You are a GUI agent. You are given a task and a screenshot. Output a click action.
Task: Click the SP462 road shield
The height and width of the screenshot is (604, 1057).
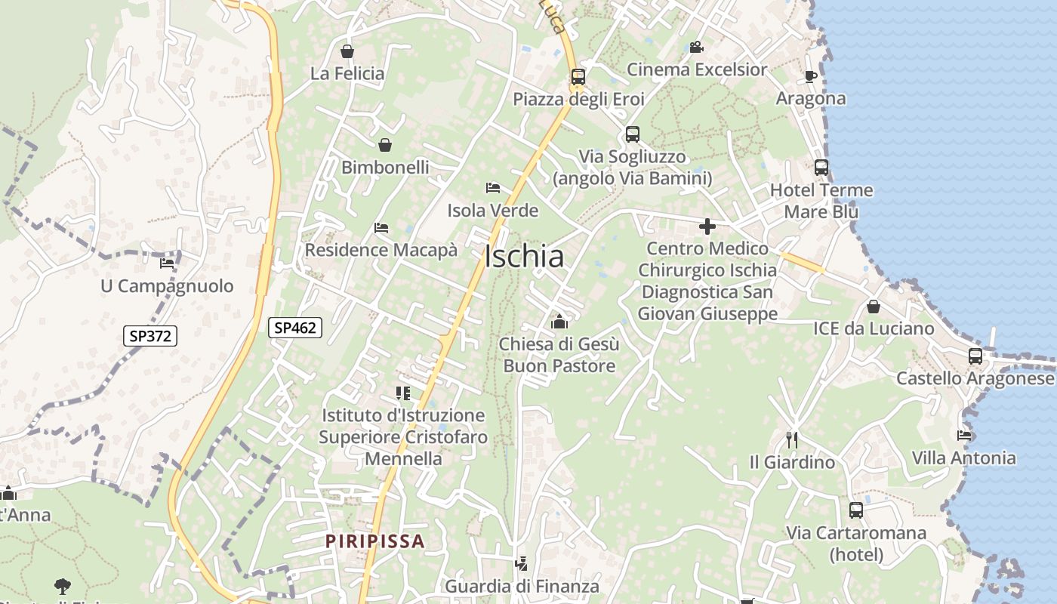(x=295, y=328)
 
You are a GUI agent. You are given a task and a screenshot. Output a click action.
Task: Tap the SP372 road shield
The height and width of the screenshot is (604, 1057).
(x=150, y=336)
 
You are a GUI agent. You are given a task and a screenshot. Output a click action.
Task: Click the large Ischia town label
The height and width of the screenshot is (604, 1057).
(x=524, y=257)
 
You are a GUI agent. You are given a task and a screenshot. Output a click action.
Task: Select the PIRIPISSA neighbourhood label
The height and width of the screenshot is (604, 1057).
(x=375, y=541)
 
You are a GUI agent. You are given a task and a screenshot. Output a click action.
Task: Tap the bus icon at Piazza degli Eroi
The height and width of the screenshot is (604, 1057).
(x=578, y=76)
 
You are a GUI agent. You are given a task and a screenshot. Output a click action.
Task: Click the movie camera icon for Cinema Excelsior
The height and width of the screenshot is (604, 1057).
(x=696, y=48)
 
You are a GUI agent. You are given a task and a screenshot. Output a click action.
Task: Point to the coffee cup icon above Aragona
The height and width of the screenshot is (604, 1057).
(x=811, y=76)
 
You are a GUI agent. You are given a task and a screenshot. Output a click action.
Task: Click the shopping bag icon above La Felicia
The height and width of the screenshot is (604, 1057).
(x=347, y=51)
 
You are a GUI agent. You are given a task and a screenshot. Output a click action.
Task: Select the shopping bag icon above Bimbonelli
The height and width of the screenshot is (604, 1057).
(x=385, y=145)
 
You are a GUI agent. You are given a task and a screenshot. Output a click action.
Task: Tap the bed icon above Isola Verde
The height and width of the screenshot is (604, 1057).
(x=493, y=188)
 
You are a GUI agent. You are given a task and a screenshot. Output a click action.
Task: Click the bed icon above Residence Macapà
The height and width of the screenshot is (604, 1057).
(x=381, y=228)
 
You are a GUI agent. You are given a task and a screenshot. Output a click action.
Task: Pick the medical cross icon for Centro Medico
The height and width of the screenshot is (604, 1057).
(x=707, y=226)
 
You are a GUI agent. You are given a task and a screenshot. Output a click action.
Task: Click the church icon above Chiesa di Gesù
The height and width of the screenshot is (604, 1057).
(x=559, y=322)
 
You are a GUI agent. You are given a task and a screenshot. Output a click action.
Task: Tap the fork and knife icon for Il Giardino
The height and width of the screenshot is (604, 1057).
(x=792, y=439)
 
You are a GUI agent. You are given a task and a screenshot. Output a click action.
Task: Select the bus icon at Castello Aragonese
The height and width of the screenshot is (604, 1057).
(x=975, y=356)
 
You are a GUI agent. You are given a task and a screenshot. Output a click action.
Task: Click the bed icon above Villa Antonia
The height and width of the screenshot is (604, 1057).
(x=964, y=435)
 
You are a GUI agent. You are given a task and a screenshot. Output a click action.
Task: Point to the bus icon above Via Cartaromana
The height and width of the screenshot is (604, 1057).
(x=855, y=510)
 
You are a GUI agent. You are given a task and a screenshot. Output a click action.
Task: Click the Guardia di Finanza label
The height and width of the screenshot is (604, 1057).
(x=522, y=586)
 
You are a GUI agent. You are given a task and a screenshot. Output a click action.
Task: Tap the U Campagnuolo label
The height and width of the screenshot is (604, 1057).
(x=167, y=286)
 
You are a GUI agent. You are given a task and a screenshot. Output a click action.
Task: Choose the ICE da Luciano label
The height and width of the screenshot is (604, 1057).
(x=874, y=328)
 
